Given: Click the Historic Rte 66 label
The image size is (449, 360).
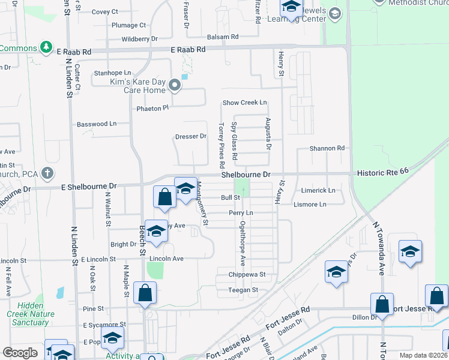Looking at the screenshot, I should pyautogui.click(x=382, y=172).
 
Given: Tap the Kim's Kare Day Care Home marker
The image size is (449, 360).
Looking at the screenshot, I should pyautogui.click(x=174, y=86).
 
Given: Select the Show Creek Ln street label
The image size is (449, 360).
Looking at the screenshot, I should pyautogui.click(x=244, y=103).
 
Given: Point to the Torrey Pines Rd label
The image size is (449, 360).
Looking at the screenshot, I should pyautogui.click(x=221, y=145).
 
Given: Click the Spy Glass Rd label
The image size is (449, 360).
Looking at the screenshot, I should pyautogui.click(x=234, y=140).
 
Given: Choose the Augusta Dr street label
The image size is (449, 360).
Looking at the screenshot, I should pyautogui.click(x=268, y=134).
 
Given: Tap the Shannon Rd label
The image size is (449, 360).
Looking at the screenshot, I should pyautogui.click(x=327, y=148).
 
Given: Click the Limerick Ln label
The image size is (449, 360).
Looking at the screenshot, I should pyautogui.click(x=318, y=190).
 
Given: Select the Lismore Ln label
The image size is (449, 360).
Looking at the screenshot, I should pyautogui.click(x=310, y=205).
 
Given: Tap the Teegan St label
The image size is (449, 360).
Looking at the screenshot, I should pyautogui.click(x=243, y=290).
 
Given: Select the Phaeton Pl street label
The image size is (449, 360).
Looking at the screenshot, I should pyautogui.click(x=149, y=109).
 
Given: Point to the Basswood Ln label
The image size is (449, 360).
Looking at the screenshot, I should pyautogui.click(x=97, y=124).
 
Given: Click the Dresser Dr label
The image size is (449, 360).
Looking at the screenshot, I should pyautogui.click(x=191, y=136).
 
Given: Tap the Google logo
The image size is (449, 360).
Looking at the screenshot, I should pyautogui.click(x=20, y=353).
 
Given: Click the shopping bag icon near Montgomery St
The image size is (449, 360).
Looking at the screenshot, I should pyautogui.click(x=165, y=197).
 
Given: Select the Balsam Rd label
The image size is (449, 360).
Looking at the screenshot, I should pyautogui.click(x=219, y=37).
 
